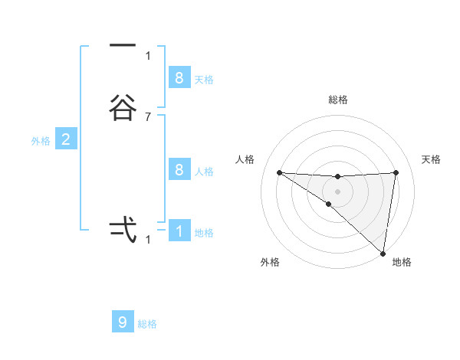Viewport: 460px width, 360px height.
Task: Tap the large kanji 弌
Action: (x=123, y=228)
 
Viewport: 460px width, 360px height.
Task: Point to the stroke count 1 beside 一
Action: (x=148, y=55)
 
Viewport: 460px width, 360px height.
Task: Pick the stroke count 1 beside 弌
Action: (x=148, y=239)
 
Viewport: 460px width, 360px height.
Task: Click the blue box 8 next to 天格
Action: (x=179, y=77)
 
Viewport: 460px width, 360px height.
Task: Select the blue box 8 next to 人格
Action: (x=179, y=169)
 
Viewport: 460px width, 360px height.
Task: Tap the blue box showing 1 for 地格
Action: (x=179, y=231)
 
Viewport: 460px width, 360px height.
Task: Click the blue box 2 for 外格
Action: (x=66, y=139)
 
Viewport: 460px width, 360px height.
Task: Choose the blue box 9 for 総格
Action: (x=123, y=322)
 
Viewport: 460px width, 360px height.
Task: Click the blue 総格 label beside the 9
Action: (x=147, y=324)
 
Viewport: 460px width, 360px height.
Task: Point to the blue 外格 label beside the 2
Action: (x=40, y=141)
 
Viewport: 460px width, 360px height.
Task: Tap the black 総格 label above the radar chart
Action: (x=337, y=100)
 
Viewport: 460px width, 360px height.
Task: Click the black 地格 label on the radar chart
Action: (x=402, y=262)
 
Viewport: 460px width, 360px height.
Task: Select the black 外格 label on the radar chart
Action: (x=270, y=262)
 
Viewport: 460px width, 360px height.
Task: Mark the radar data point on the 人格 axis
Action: (x=279, y=172)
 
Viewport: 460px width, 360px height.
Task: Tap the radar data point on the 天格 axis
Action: (x=396, y=172)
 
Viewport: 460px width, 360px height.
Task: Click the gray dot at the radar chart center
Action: (x=337, y=191)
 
